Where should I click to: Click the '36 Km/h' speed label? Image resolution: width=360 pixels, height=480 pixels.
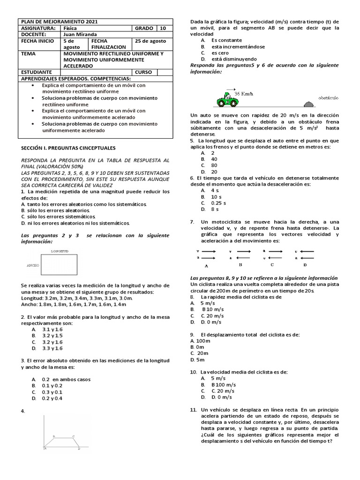[x=243, y=94]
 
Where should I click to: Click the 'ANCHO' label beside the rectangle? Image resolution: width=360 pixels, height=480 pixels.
[x=32, y=265]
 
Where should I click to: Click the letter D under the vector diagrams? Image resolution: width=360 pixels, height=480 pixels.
[x=305, y=265]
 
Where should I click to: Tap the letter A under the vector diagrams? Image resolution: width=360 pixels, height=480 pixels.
[x=206, y=265]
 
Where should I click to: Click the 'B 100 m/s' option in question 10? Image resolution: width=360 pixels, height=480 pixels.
[x=223, y=384]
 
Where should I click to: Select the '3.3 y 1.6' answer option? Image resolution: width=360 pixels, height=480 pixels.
[x=52, y=348]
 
